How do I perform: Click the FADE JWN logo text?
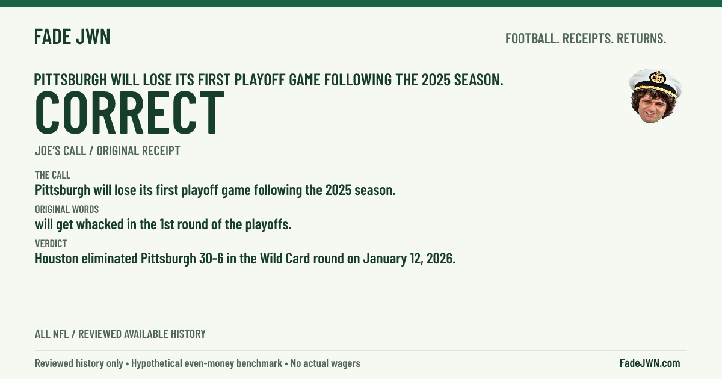(72, 37)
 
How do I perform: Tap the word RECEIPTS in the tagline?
(588, 39)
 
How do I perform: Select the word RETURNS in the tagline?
(641, 39)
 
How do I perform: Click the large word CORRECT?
(129, 112)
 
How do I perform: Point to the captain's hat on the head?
(656, 82)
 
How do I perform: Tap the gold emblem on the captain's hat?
(658, 78)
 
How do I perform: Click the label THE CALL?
(52, 175)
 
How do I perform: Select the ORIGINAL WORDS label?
(67, 209)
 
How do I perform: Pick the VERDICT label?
(51, 243)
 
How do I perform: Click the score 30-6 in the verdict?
(211, 259)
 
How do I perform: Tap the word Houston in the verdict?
(57, 259)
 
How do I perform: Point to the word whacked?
(100, 224)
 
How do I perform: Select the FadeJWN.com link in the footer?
(650, 363)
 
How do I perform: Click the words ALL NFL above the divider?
(52, 334)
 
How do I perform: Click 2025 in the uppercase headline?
(436, 79)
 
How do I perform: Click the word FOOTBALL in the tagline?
(532, 39)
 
